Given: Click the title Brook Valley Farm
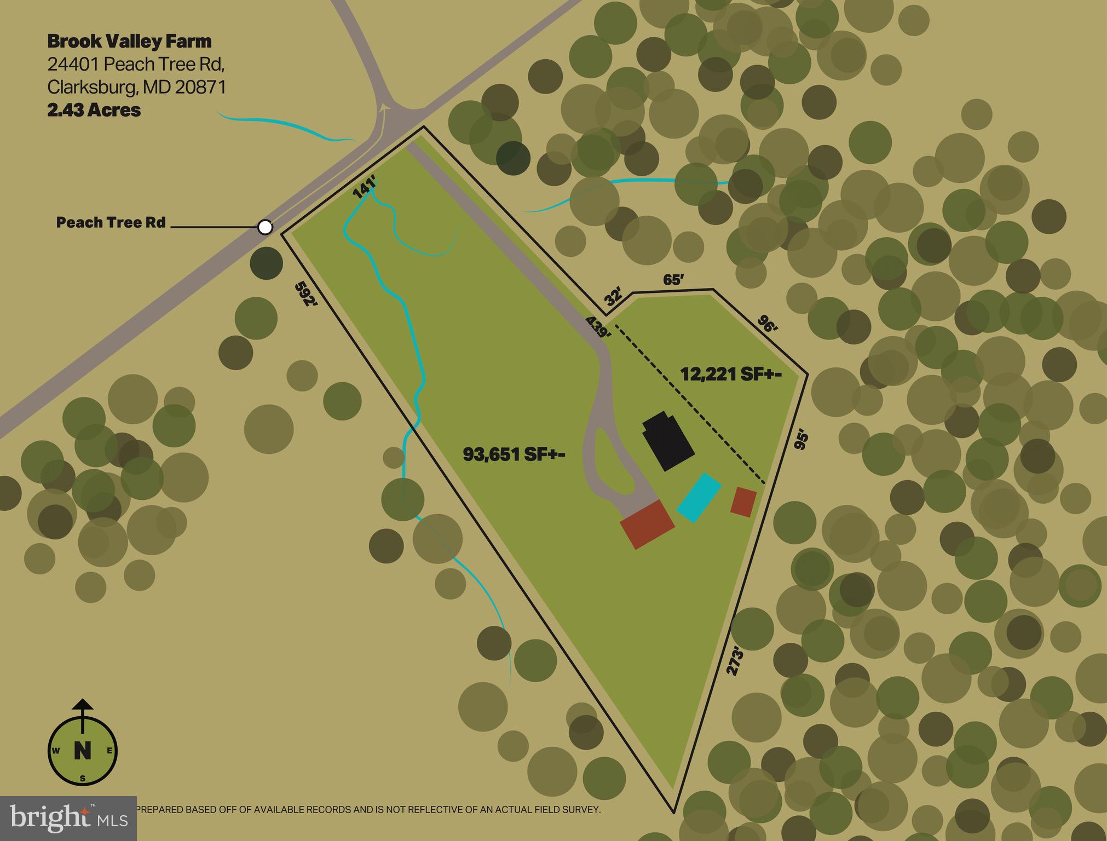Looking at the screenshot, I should coord(129,41).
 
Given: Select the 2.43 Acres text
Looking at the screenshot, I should coord(94,110).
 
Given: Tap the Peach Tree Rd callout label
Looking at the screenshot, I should coord(111,222).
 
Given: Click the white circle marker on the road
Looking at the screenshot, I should coord(265,227).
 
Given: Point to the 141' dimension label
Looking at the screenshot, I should coord(364,188).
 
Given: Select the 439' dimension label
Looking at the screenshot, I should coord(598,327).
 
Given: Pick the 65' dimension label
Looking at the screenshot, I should coord(673,280).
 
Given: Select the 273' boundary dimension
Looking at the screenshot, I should coord(736,661).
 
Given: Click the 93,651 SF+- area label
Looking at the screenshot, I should coord(514,454).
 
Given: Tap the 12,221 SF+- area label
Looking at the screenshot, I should coord(730,375).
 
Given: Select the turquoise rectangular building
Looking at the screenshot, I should coord(699,497).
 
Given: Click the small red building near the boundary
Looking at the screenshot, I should coord(743,502).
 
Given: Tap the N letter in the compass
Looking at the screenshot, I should coord(82,750).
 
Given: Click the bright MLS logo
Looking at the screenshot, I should coord(68,818).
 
